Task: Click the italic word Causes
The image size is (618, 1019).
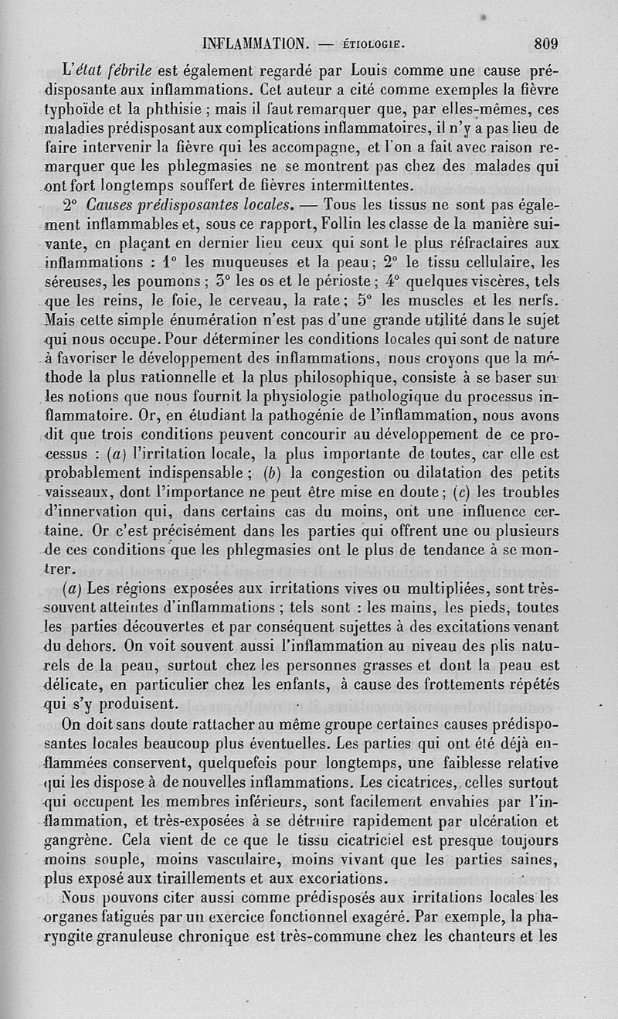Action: [x=111, y=206]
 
